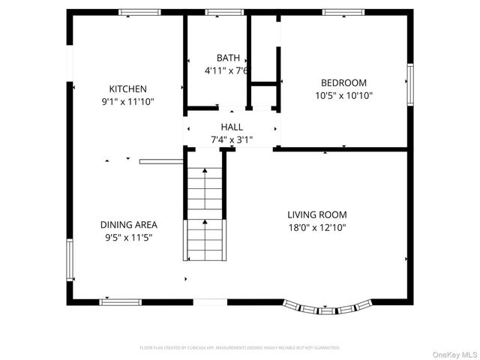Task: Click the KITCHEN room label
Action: tap(128, 88)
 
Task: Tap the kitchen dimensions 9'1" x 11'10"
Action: tap(128, 101)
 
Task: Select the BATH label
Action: tap(228, 58)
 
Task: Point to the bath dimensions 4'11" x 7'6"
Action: tap(226, 70)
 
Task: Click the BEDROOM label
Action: tap(343, 82)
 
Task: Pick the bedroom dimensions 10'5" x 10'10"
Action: tap(343, 95)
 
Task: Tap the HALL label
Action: tap(232, 127)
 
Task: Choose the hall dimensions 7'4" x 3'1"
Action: tap(232, 139)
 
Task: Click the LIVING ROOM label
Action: tap(317, 214)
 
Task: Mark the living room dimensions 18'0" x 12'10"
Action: tap(317, 227)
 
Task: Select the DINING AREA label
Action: tap(129, 224)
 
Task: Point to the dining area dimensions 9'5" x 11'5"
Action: tap(129, 237)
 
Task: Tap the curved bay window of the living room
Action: tap(328, 307)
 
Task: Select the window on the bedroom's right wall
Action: tap(409, 83)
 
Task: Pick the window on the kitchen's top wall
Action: tap(139, 12)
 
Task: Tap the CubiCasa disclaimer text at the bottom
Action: tap(240, 348)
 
